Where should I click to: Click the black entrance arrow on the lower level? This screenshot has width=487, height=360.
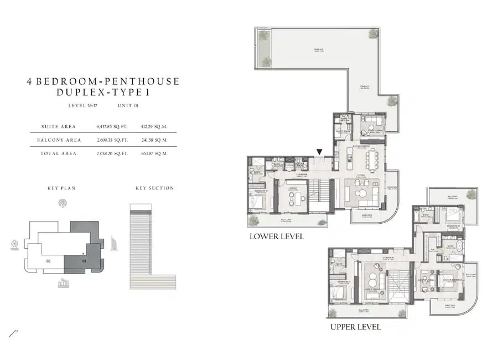319,152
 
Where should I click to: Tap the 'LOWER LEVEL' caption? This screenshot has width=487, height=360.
276,236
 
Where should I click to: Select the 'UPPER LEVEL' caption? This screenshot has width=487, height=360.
355,327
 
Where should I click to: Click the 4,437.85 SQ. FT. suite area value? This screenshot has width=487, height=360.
112,127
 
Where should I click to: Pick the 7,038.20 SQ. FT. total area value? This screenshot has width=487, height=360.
112,153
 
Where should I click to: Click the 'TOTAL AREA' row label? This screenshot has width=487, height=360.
58,153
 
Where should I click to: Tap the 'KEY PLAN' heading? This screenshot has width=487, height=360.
61,188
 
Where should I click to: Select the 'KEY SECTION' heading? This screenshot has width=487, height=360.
154,188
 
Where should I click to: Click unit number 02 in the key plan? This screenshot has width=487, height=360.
49,260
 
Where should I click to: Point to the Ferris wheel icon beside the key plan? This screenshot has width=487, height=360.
14,245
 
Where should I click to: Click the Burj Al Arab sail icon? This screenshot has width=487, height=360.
115,243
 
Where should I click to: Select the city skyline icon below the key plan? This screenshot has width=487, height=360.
63,284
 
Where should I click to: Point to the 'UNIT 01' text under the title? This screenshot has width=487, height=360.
128,105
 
